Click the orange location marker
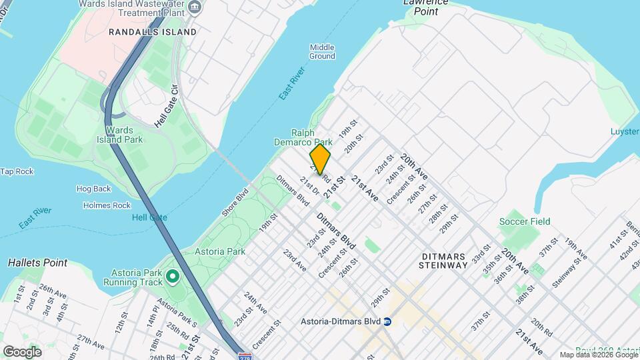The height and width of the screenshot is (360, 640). point(320,159)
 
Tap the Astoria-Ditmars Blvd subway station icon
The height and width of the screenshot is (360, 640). point(387,321)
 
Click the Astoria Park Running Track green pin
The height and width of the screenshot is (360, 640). point(173,276)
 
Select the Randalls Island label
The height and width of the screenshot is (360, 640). point(153,31)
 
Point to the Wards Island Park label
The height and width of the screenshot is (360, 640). point(124,135)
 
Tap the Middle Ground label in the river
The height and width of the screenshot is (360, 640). point(322,51)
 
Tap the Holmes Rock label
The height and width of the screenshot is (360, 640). point(107,205)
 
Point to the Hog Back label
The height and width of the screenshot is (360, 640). point(93,189)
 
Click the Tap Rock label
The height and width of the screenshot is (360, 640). point(17,171)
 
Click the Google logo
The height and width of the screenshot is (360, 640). point(22,351)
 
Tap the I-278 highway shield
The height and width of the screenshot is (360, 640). point(245,356)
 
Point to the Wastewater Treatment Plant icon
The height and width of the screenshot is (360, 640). point(195,7)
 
